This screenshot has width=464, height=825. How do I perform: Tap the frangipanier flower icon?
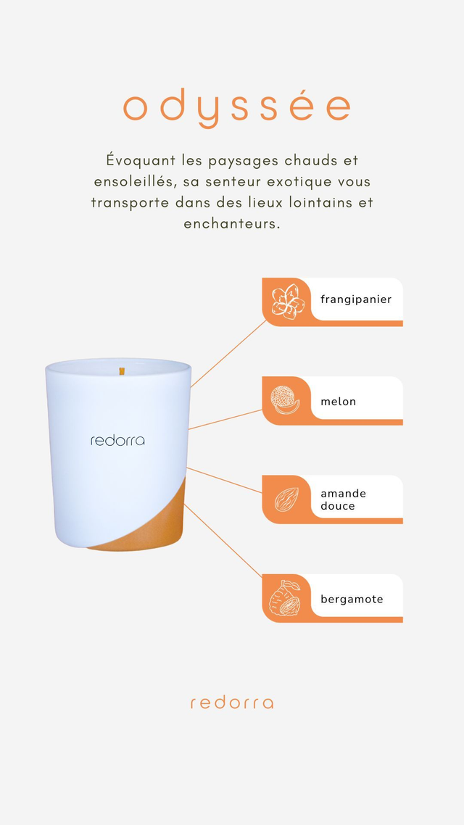[x=288, y=302]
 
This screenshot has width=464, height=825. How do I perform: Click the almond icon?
[x=286, y=499]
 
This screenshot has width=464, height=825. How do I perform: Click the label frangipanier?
[x=356, y=300]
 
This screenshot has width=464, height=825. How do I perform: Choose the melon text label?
[x=339, y=402]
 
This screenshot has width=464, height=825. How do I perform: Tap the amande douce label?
[x=343, y=499]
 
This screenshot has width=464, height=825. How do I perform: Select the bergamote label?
[x=352, y=600]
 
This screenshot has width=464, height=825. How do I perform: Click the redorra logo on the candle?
[x=117, y=440]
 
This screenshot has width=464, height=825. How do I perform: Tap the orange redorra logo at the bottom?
[x=232, y=703]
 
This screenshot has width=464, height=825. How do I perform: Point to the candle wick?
[x=122, y=371]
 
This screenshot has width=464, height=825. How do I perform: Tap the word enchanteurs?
[x=231, y=223]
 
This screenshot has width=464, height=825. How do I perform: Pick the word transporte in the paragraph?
[x=130, y=203]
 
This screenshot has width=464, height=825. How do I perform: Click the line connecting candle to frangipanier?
[x=228, y=354]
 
